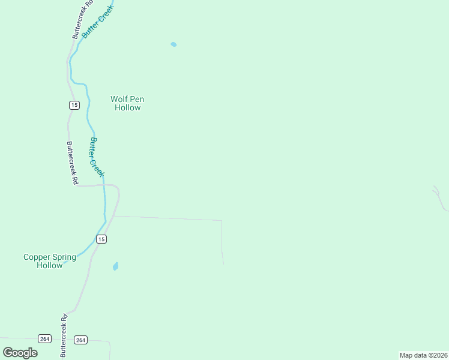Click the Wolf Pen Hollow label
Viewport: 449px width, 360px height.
(x=127, y=103)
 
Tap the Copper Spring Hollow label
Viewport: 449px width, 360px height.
(x=50, y=261)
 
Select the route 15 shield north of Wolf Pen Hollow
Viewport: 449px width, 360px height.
(x=74, y=105)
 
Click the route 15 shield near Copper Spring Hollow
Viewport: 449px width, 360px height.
(x=101, y=239)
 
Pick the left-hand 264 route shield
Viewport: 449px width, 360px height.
(x=44, y=338)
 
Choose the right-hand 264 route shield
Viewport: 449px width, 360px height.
(x=81, y=340)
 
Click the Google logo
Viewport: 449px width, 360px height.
(x=20, y=352)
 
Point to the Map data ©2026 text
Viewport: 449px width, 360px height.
(x=423, y=355)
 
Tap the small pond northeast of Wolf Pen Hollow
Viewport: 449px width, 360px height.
(x=173, y=44)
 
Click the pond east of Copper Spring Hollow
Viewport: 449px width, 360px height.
(x=115, y=266)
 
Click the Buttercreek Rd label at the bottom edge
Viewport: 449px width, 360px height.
(x=64, y=336)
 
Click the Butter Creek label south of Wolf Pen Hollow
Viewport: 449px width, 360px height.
(x=96, y=157)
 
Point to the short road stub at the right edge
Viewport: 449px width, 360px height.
(x=441, y=199)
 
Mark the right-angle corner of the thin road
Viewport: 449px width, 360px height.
(x=221, y=221)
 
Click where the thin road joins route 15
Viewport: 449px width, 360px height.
(x=114, y=216)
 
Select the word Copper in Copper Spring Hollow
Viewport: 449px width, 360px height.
(x=37, y=257)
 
